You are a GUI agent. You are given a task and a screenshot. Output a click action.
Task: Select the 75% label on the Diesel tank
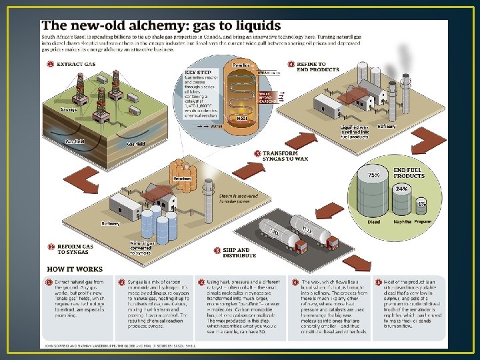pos(375,175)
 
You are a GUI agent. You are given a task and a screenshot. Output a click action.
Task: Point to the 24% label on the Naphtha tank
pos(402,189)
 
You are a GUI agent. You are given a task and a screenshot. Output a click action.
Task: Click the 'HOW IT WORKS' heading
pos(75,269)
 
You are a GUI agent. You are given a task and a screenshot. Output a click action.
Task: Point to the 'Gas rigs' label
pos(69,109)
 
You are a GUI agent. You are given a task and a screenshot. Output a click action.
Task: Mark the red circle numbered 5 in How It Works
pos(377,283)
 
